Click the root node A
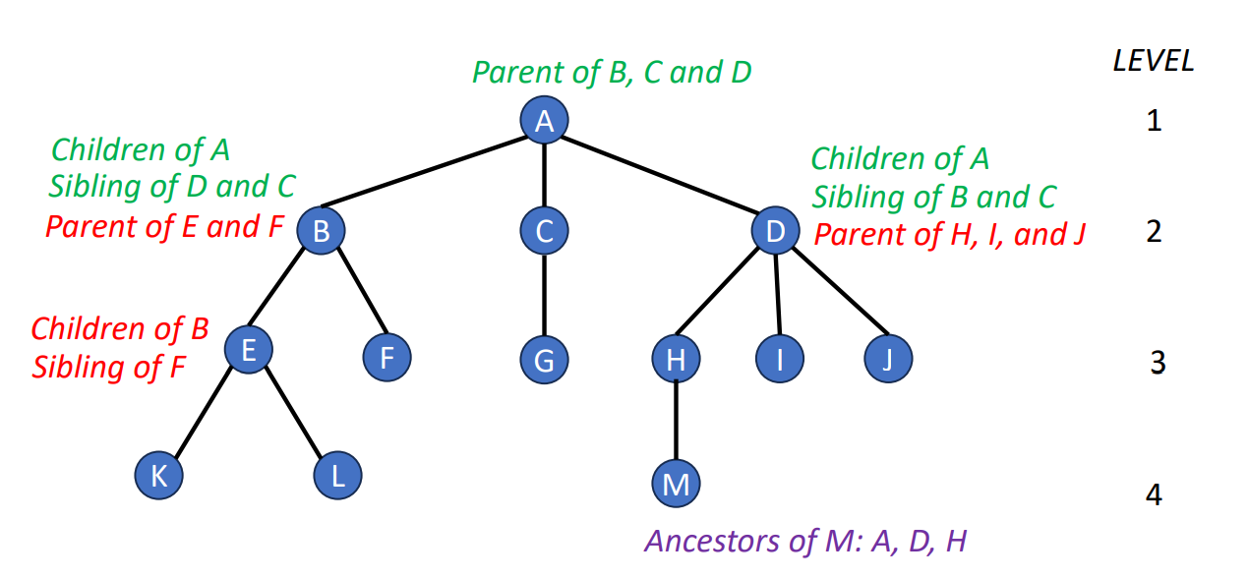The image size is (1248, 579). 544,121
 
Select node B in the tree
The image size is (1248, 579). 321,232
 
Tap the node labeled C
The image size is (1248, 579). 544,231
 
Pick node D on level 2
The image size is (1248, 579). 775,231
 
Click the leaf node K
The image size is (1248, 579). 158,477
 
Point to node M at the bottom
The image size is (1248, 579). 676,483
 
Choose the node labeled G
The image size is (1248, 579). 544,360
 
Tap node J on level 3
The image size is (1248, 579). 888,360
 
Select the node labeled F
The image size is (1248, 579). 386,358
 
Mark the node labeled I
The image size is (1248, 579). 780,360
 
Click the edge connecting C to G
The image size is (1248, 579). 544,295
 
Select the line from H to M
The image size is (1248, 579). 676,421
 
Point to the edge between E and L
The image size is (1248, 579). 292,413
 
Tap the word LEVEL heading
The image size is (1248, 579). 1154,61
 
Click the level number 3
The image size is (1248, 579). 1158,364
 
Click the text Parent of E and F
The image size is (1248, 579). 164,227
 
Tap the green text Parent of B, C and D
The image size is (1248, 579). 611,73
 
